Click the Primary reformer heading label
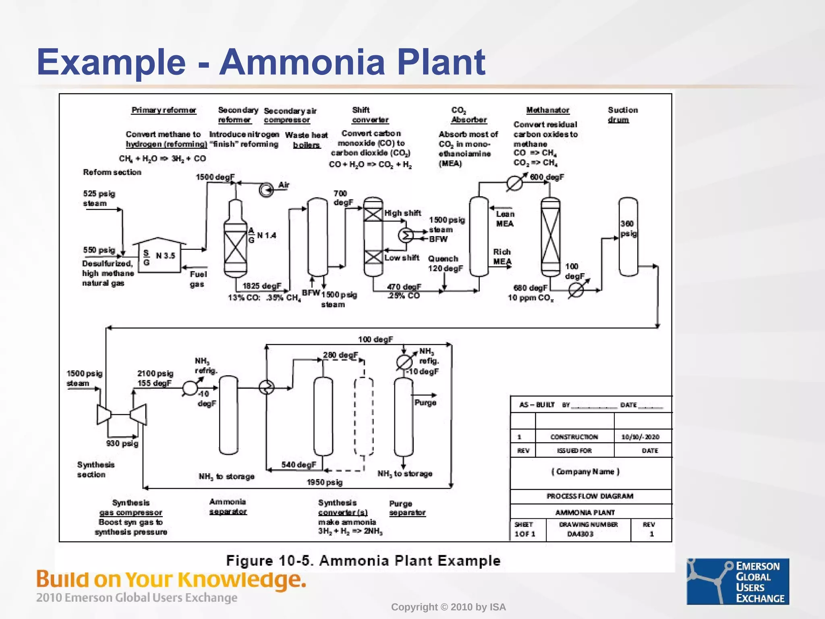click(x=164, y=110)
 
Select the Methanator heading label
click(x=547, y=110)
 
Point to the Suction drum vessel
click(x=628, y=237)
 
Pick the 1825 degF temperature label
click(x=261, y=286)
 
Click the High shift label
click(x=402, y=213)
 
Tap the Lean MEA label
click(x=505, y=219)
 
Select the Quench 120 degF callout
click(x=445, y=264)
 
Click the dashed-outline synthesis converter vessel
click(x=364, y=416)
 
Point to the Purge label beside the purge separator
click(x=425, y=403)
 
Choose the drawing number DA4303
click(x=580, y=534)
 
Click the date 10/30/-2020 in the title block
click(x=640, y=437)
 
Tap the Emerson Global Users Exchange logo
click(x=738, y=581)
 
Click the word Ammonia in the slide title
click(x=302, y=62)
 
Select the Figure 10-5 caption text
click(x=363, y=561)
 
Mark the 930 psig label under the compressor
click(x=122, y=444)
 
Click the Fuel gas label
click(x=197, y=279)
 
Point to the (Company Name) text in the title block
click(x=585, y=472)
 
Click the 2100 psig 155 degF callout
click(x=155, y=378)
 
